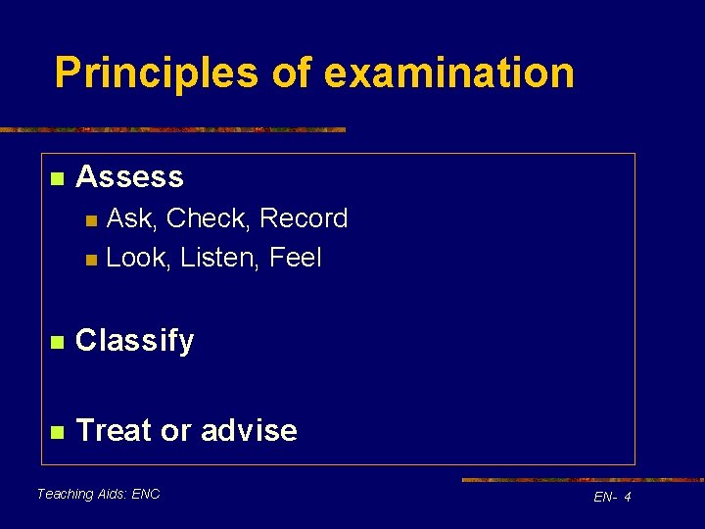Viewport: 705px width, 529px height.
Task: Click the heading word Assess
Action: [129, 177]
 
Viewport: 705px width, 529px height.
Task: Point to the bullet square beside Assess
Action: [57, 178]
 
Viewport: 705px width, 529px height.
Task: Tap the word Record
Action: [304, 218]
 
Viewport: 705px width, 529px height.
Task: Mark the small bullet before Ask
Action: [91, 219]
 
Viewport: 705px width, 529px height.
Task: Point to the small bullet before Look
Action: [91, 260]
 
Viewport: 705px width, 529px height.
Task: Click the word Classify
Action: [135, 342]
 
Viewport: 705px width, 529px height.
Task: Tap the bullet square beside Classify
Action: [57, 342]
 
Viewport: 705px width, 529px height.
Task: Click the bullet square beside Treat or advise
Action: [57, 431]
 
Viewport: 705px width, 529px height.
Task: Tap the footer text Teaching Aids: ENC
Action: [98, 494]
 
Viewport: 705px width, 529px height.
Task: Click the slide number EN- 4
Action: [612, 499]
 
